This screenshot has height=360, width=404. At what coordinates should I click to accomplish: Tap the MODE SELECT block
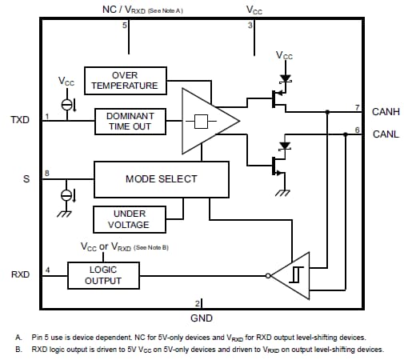161,178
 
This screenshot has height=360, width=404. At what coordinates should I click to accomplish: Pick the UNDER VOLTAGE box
130,219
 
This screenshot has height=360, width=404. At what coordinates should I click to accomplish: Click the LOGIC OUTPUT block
103,275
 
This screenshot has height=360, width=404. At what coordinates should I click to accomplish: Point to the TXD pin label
19,120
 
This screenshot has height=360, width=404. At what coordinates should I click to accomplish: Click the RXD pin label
20,274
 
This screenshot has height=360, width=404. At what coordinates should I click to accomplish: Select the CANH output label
386,111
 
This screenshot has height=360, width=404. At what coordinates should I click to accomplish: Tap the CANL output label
386,134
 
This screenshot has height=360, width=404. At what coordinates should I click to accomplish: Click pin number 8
46,173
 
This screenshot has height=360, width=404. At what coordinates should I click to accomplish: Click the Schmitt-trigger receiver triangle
292,274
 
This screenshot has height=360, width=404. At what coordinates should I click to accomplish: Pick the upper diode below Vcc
283,81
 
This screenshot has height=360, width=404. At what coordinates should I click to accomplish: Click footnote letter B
18,349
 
